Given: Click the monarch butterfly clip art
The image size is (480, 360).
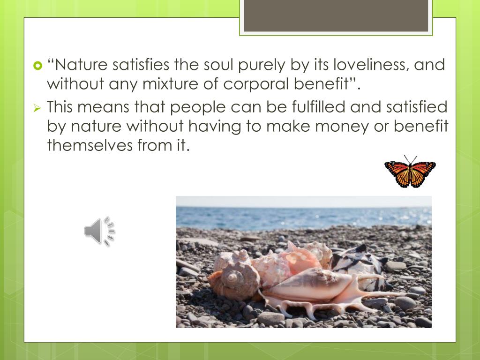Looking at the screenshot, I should (x=410, y=172).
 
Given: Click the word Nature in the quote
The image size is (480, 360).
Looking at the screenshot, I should (x=82, y=65).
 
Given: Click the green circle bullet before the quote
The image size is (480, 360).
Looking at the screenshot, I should (x=38, y=65).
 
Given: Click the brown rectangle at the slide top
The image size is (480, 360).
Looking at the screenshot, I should (x=336, y=16).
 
